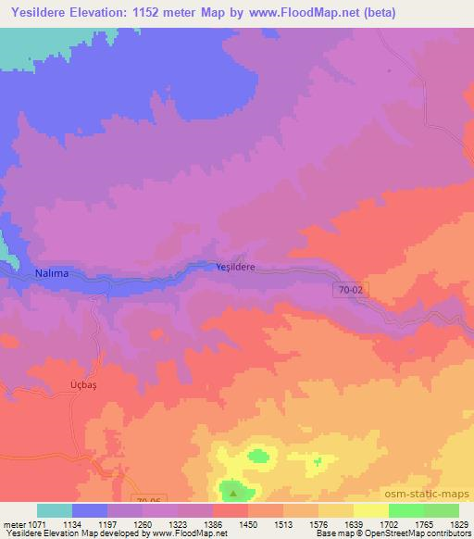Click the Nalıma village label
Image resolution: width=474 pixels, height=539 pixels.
click(x=52, y=273)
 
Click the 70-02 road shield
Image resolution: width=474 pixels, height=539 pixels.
click(x=346, y=290)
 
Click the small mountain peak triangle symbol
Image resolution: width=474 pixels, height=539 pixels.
click(x=234, y=493)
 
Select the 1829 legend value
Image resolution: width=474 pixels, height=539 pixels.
click(x=457, y=524)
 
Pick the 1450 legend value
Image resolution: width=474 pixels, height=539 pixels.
click(x=248, y=524)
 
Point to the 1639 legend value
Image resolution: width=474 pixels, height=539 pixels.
click(x=353, y=524)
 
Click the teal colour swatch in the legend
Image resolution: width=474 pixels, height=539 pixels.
click(x=55, y=510)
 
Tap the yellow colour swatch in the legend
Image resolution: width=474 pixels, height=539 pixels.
click(x=370, y=510)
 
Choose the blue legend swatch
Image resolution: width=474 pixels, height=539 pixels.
click(x=90, y=510)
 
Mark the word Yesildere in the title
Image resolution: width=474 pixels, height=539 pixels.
click(x=43, y=13)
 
